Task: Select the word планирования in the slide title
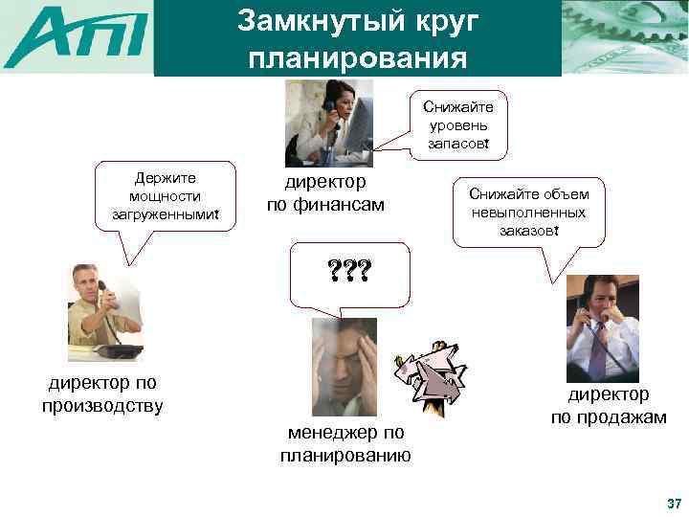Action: point(357,57)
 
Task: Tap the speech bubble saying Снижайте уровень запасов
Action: point(457,125)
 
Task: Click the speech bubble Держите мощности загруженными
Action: point(165,196)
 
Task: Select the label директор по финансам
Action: point(325,192)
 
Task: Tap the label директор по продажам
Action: point(608,406)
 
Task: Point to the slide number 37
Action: point(673,504)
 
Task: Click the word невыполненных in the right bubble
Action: point(528,212)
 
